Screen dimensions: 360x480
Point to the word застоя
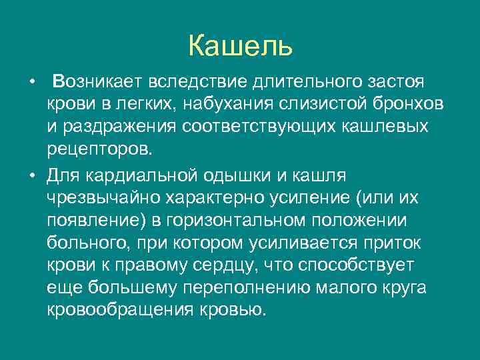click(395, 81)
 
